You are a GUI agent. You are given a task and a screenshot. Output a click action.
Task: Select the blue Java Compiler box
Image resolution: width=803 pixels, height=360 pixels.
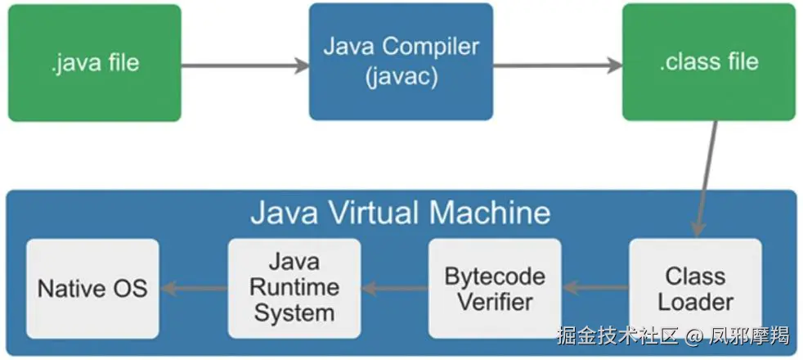click(x=401, y=61)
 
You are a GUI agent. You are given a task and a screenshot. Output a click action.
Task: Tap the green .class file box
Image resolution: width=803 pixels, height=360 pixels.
click(x=708, y=61)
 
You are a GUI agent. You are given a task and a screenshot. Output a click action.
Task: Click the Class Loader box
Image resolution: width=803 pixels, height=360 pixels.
click(x=695, y=289)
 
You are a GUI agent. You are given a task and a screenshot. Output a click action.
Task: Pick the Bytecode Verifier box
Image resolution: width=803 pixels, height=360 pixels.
click(x=495, y=289)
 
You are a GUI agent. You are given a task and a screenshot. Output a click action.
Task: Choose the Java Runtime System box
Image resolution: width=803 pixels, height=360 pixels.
click(x=294, y=289)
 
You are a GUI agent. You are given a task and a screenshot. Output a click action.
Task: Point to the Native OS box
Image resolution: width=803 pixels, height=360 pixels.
click(x=92, y=289)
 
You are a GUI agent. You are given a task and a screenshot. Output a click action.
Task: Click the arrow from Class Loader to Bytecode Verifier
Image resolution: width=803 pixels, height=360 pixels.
click(x=595, y=288)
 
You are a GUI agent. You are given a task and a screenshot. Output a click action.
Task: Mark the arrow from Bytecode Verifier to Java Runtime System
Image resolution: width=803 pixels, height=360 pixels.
click(x=394, y=288)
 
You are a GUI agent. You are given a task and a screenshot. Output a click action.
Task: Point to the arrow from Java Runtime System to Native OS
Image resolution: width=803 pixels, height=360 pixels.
click(x=193, y=288)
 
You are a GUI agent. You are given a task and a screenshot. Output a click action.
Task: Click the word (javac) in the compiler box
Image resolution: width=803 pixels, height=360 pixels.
click(x=401, y=78)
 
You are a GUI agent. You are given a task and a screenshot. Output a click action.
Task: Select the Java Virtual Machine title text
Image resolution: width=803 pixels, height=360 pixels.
click(x=400, y=214)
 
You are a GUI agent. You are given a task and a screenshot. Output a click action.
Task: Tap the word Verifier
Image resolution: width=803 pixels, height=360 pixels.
click(x=495, y=301)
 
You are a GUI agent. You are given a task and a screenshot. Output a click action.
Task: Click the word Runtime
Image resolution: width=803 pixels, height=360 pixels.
click(x=294, y=288)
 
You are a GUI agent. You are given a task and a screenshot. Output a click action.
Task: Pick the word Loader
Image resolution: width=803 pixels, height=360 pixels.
click(x=695, y=301)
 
